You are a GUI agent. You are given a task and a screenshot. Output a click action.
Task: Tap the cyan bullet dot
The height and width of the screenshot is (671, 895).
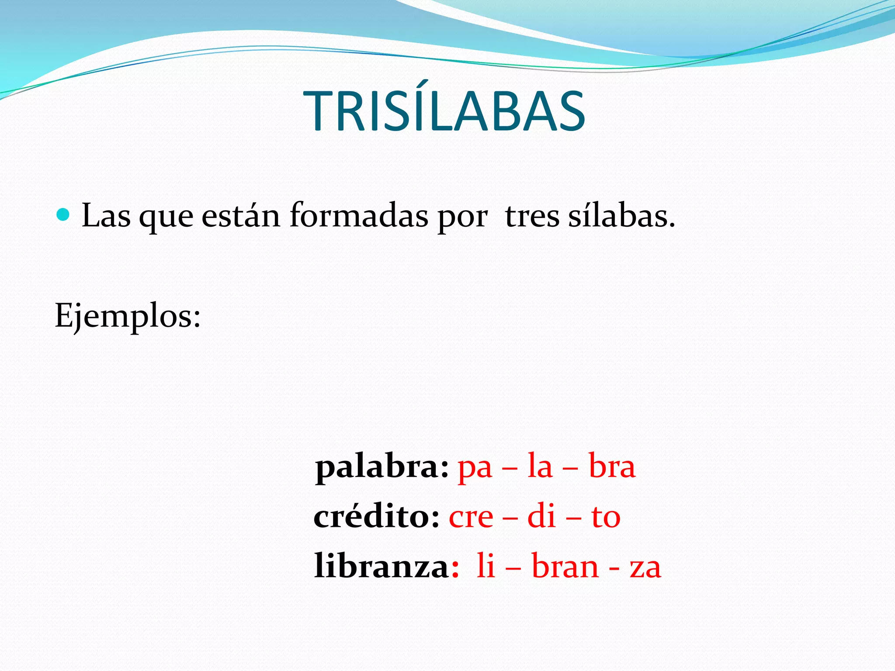pyautogui.click(x=63, y=214)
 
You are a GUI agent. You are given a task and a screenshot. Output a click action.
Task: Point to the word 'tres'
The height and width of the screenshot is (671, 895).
pyautogui.click(x=532, y=216)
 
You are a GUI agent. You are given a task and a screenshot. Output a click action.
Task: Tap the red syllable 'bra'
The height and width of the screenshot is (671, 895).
pyautogui.click(x=612, y=467)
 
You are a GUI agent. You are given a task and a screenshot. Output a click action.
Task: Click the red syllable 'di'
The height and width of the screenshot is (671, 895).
pyautogui.click(x=541, y=516)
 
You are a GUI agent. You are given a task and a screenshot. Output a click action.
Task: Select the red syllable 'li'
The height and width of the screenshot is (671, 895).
pyautogui.click(x=486, y=566)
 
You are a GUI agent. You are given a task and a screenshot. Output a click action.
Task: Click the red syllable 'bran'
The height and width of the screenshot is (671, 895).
pyautogui.click(x=565, y=567)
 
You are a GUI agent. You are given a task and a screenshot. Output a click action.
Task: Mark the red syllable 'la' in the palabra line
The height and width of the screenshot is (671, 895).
pyautogui.click(x=540, y=467)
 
